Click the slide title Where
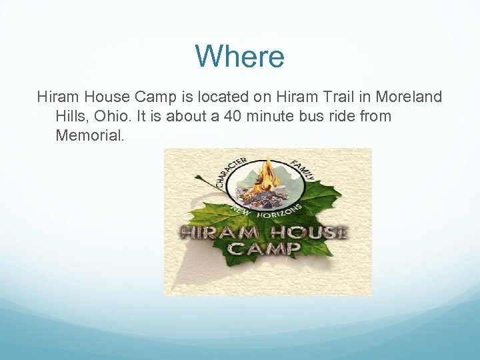(x=239, y=57)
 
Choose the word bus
(x=317, y=117)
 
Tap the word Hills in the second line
(x=72, y=117)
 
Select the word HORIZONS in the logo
(x=280, y=213)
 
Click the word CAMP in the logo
(x=265, y=249)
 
